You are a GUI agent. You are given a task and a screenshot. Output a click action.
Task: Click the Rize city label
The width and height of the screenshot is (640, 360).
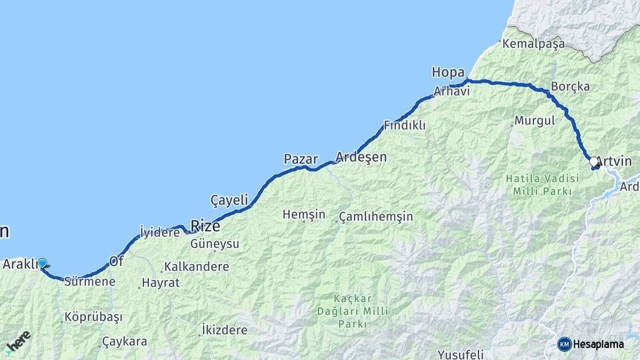(x=205, y=225)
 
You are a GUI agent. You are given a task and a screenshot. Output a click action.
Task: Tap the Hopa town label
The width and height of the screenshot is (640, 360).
(x=448, y=72)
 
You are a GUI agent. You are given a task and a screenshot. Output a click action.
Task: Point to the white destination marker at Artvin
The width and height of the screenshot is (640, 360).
(x=593, y=161)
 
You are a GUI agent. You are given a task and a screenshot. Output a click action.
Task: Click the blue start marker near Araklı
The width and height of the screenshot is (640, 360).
(x=43, y=263)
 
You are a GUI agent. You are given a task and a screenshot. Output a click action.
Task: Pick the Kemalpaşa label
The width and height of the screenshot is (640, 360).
(x=533, y=44)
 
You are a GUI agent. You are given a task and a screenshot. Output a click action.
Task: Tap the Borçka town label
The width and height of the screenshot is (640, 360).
(x=570, y=87)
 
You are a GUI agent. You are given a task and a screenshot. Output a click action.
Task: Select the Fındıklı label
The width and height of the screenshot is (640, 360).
(x=405, y=125)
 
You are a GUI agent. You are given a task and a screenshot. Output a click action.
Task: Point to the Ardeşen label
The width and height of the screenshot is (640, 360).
(x=361, y=157)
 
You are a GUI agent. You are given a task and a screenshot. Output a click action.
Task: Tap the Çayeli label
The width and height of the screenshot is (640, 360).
(x=229, y=199)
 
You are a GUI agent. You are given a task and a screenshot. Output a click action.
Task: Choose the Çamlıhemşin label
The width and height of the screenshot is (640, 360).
(x=376, y=217)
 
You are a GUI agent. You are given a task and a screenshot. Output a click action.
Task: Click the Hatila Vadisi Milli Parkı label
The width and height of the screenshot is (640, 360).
(x=539, y=185)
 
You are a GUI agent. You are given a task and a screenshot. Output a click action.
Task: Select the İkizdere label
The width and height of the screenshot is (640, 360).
(x=224, y=330)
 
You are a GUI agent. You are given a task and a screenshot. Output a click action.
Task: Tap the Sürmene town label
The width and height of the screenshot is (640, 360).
(x=90, y=282)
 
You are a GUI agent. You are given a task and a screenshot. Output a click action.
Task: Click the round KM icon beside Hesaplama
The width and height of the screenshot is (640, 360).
(x=565, y=344)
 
